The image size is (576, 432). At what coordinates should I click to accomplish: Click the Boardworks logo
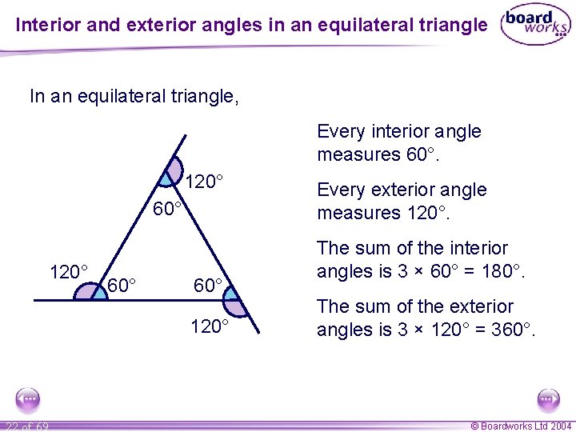point(534,26)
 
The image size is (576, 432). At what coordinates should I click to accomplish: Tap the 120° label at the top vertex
point(202,182)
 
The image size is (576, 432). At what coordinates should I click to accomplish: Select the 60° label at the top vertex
point(169,210)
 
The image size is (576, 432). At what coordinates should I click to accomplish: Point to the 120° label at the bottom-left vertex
point(68,271)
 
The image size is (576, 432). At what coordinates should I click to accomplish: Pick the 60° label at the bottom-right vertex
point(212,285)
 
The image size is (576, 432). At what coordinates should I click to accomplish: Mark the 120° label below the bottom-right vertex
point(210,326)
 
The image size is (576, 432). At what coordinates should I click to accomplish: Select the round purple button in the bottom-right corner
point(548,398)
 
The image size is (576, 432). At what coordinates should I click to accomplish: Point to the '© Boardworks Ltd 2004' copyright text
point(520,426)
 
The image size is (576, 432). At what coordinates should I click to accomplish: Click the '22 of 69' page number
point(25,426)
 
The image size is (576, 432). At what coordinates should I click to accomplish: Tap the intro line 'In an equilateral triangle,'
point(134,97)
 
